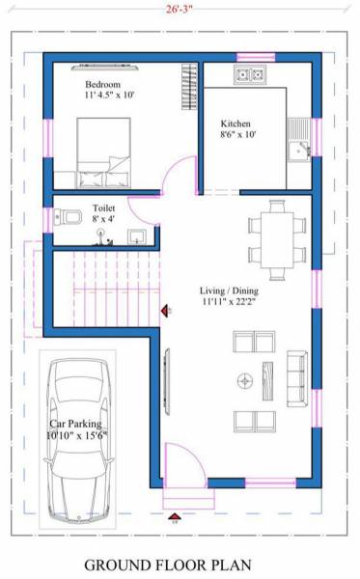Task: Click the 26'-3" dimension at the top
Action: click(180, 10)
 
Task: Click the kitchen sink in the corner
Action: click(298, 148)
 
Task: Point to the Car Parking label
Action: click(77, 429)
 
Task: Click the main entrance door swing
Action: click(180, 462)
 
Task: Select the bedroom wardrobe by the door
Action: click(189, 89)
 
